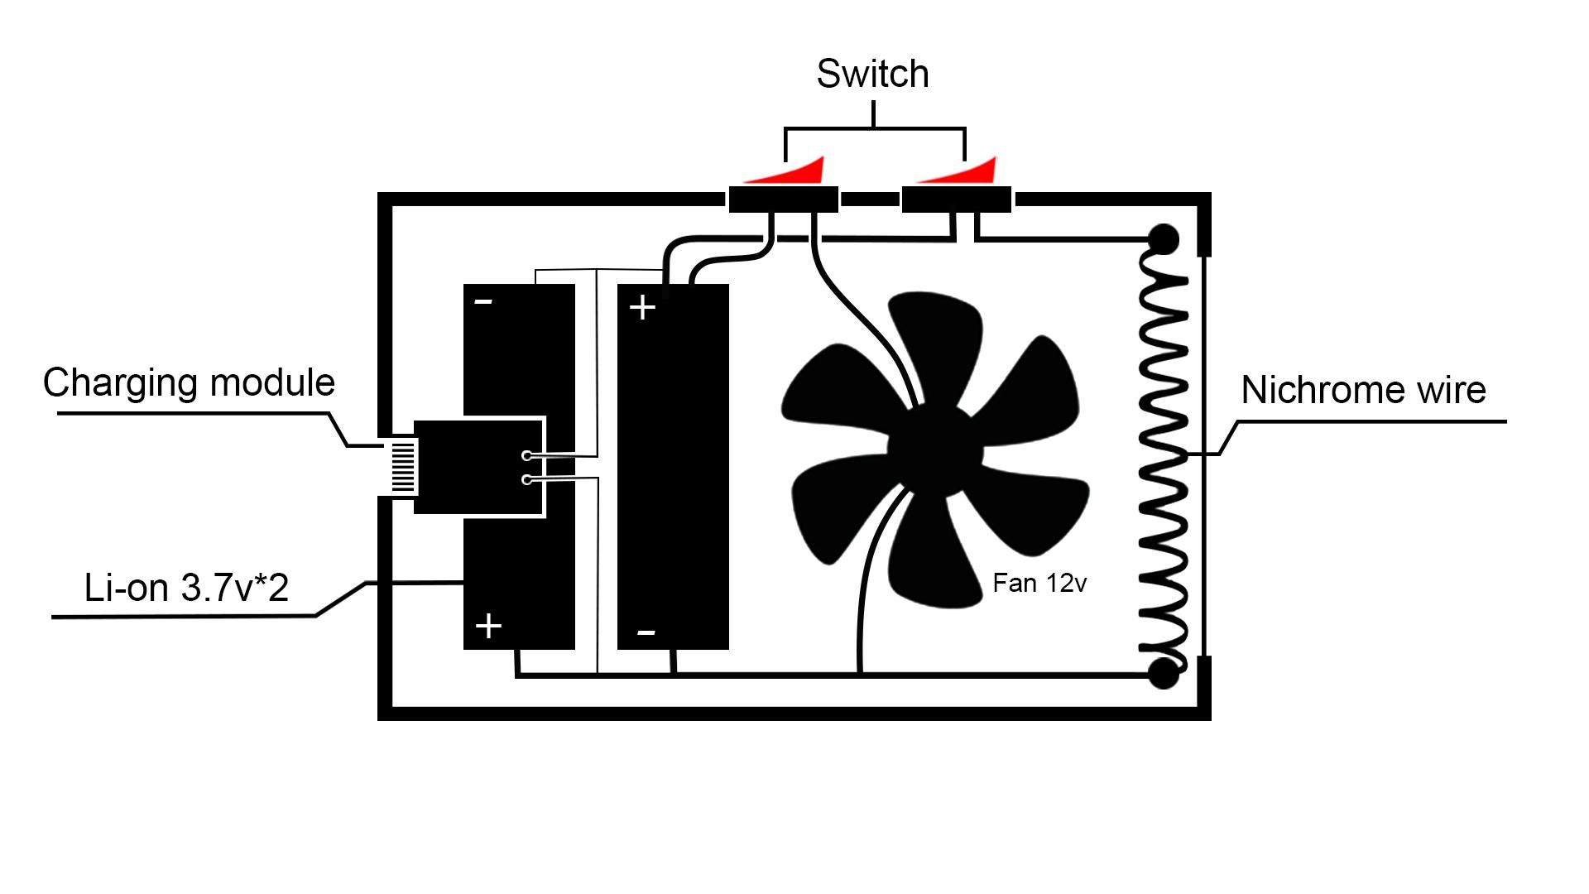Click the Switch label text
pos(872,74)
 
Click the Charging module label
pos(189,382)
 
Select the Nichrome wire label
pos(1363,390)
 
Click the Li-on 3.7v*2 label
pos(186,588)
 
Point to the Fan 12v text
pos(1039,584)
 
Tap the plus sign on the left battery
pos(488,626)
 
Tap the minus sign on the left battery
pos(483,301)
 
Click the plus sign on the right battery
pos(642,308)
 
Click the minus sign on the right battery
pos(646,633)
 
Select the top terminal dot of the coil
pos(1164,240)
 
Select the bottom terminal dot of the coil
pos(1164,674)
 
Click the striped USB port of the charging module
pos(403,466)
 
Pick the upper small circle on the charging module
pos(527,455)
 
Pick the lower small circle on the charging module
pos(527,479)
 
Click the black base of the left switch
pos(783,199)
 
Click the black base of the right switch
pos(956,199)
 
